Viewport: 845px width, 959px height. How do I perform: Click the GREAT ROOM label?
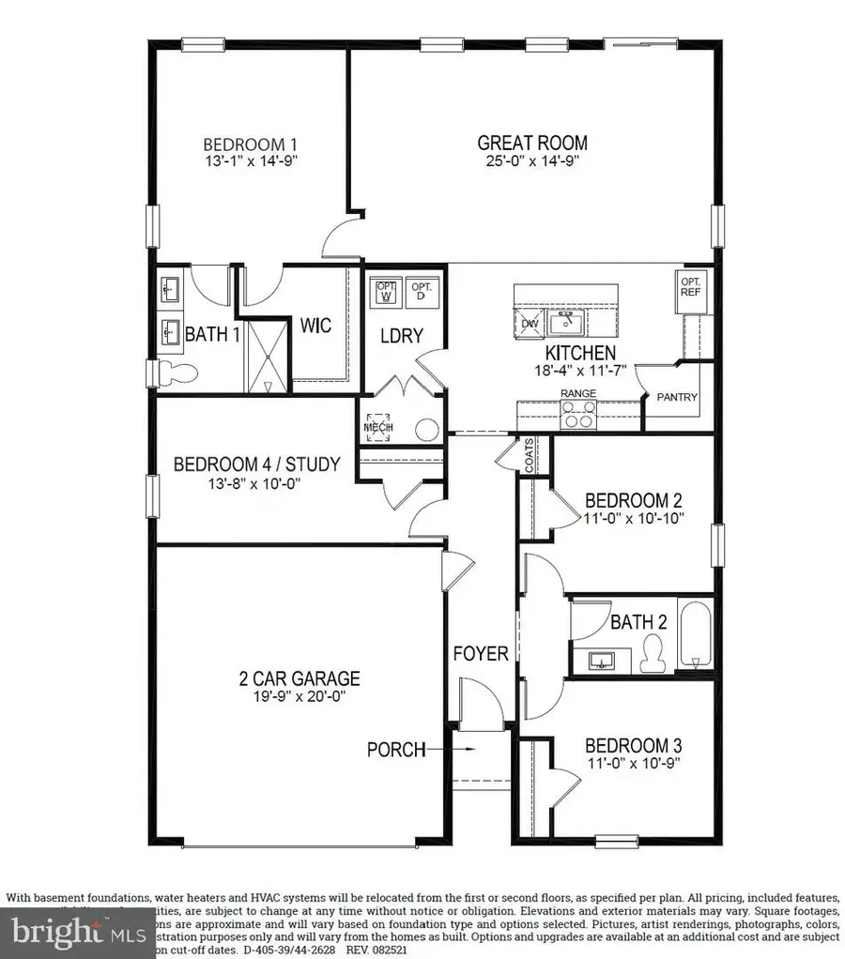(x=532, y=143)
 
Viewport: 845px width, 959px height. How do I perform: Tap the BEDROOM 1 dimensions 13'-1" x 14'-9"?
(x=251, y=160)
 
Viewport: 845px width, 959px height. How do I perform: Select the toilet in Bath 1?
(x=177, y=372)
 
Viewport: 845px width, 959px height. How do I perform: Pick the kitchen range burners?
(x=577, y=414)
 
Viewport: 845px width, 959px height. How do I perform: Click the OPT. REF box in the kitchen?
(x=690, y=286)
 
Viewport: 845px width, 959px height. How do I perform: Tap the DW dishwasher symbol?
(x=529, y=324)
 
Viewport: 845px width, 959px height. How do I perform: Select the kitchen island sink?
(x=567, y=324)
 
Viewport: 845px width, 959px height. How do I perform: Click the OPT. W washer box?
(x=385, y=292)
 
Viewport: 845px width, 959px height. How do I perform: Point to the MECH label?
(x=377, y=428)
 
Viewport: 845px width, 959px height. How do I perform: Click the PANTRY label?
(x=677, y=397)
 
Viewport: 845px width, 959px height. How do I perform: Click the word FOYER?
(x=481, y=653)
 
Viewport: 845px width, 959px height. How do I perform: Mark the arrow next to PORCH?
(x=467, y=749)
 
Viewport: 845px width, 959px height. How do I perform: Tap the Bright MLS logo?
(x=80, y=933)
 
